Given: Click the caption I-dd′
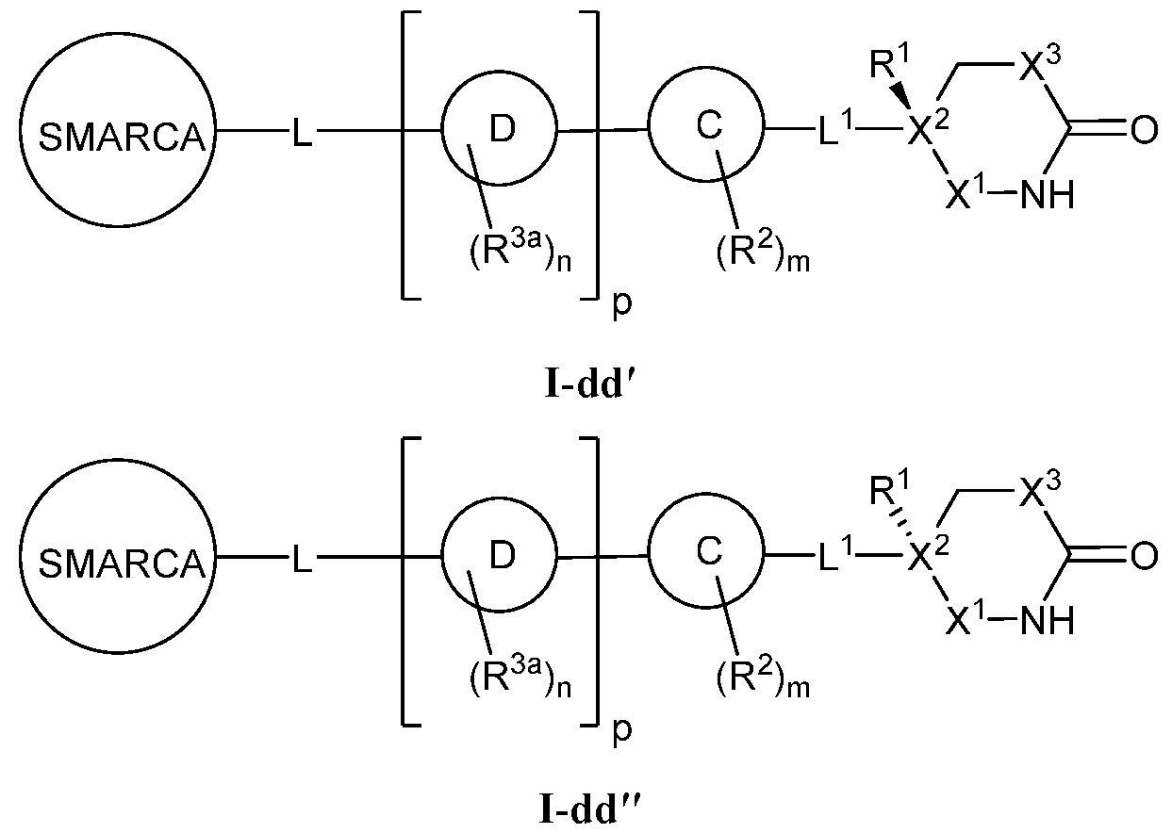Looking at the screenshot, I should tap(587, 387).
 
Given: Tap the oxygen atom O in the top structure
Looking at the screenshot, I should tap(1142, 131).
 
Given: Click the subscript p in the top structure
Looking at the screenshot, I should tap(621, 307).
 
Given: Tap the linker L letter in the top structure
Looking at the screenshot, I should tap(300, 138).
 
